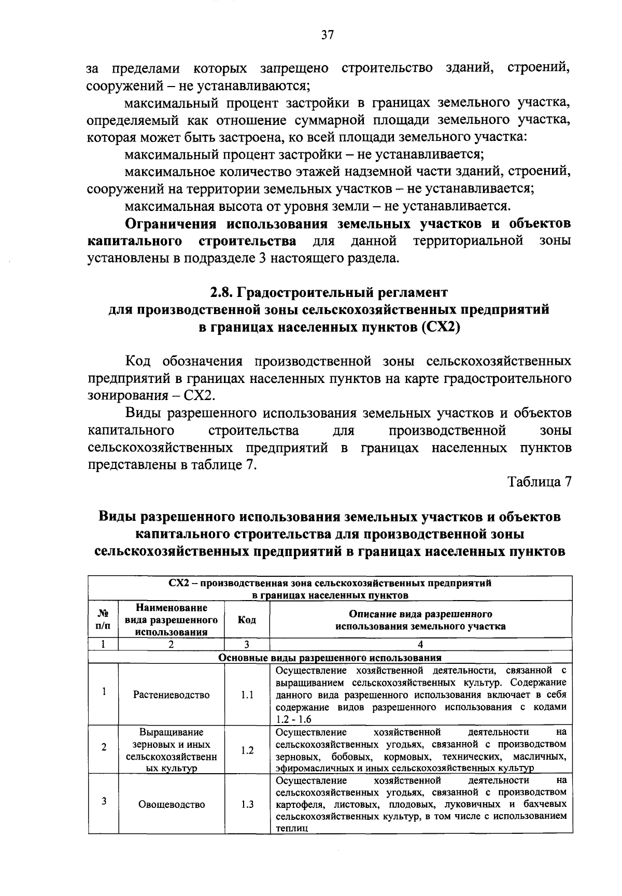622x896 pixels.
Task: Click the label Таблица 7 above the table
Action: (x=539, y=481)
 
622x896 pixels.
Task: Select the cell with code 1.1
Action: (x=247, y=695)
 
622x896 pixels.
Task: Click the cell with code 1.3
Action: (x=247, y=804)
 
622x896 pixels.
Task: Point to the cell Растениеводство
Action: (x=171, y=695)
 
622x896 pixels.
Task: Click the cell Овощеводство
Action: (x=171, y=804)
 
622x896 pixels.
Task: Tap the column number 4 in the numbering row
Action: (x=420, y=644)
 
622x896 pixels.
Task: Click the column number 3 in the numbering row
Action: (x=247, y=644)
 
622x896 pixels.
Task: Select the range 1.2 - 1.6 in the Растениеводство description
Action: (x=293, y=719)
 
